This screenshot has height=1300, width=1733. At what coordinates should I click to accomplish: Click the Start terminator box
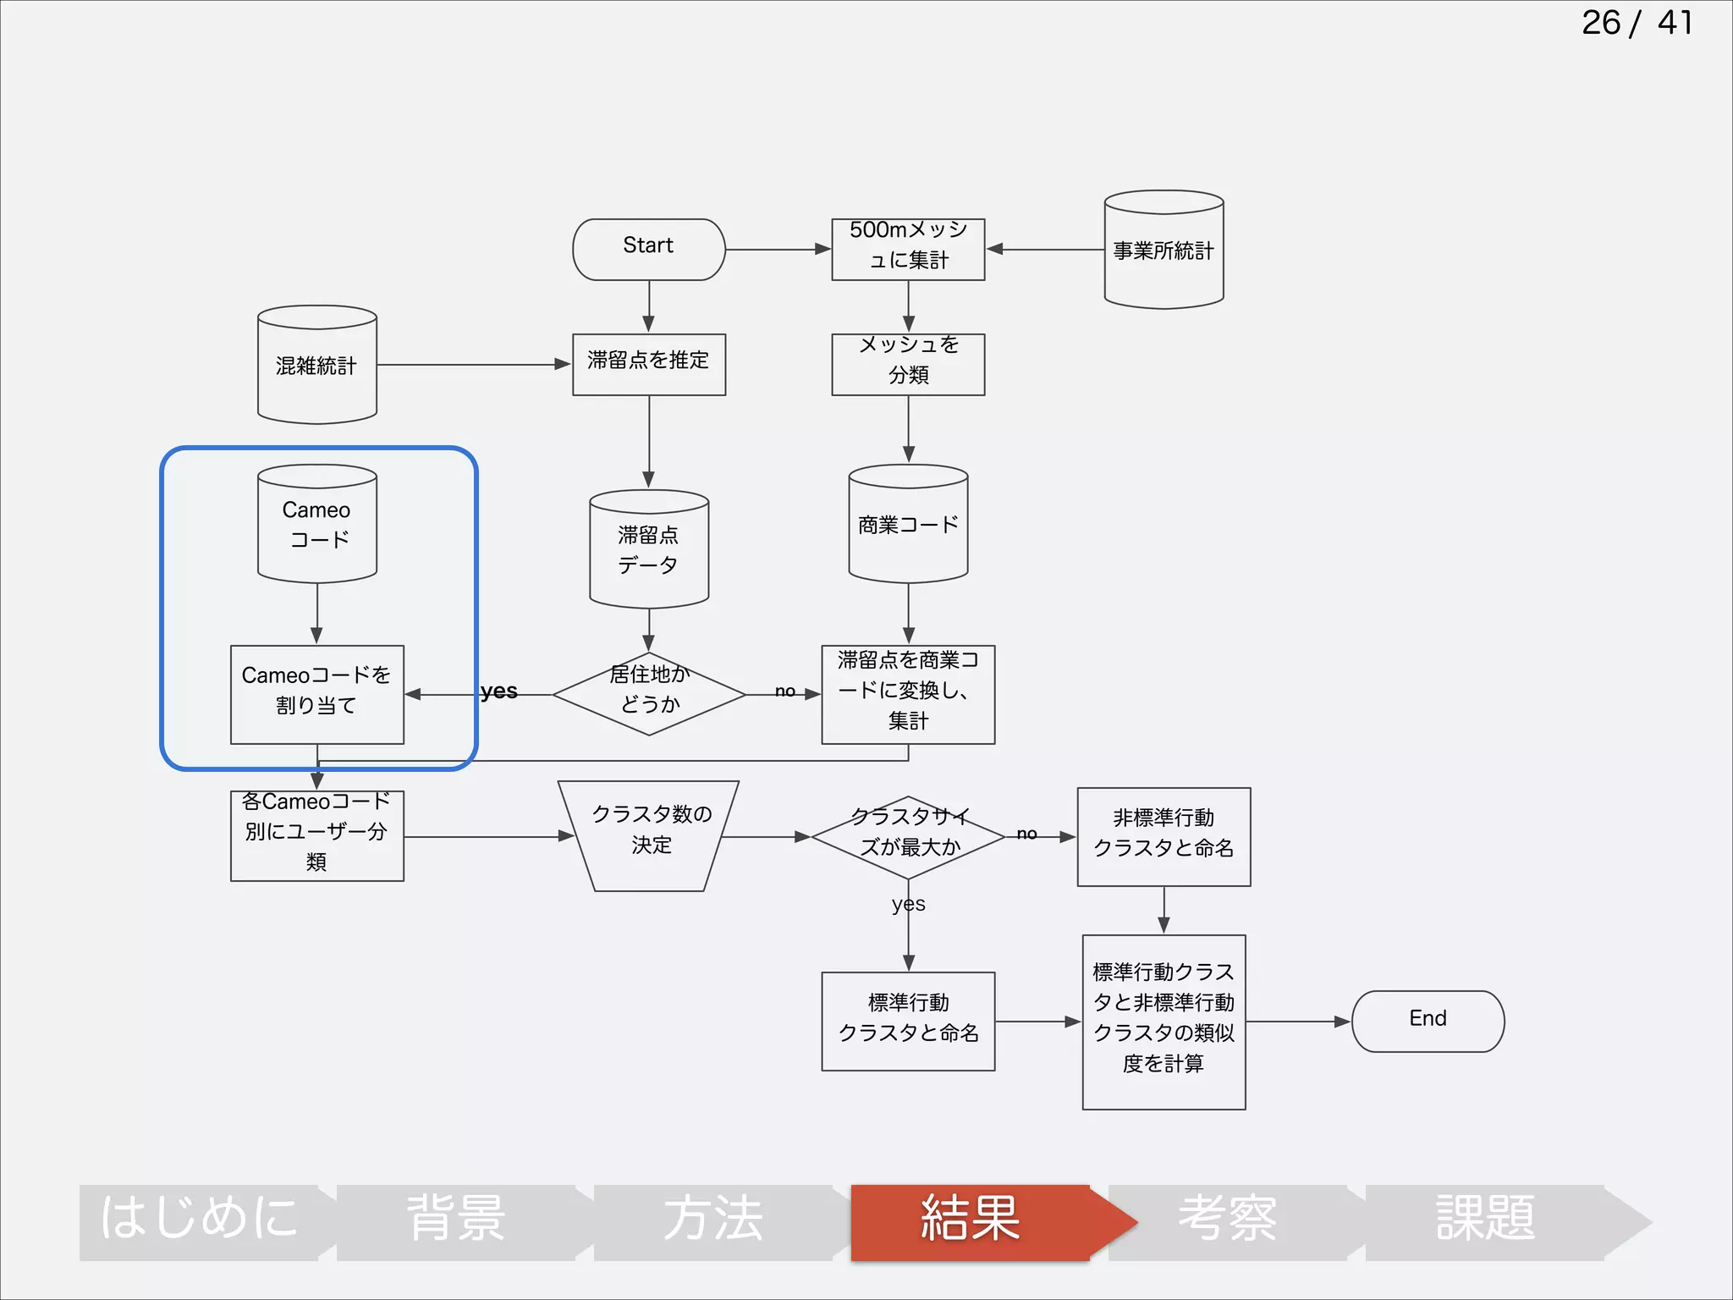pos(649,249)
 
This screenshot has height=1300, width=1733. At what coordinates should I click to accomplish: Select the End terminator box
pos(1428,1021)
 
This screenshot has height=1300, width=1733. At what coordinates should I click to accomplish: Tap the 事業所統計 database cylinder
pos(1164,251)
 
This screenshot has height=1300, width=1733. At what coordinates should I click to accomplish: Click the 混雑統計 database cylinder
pos(316,366)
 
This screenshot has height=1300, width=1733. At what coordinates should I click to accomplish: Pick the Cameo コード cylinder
pos(316,524)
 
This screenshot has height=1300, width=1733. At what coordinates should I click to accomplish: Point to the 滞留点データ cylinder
pos(649,549)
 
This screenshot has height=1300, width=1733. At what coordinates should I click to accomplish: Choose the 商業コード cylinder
pos(908,524)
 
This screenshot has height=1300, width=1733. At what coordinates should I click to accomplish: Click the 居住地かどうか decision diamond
pos(649,693)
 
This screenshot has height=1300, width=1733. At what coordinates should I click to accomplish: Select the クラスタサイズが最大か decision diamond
pos(908,836)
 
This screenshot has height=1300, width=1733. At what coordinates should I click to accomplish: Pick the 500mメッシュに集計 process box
pos(908,249)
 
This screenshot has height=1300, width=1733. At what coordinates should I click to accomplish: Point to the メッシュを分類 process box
pos(908,364)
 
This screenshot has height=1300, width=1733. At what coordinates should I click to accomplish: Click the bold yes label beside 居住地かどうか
pos(498,691)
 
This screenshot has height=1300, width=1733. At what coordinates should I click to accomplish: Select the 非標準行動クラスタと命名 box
pos(1164,836)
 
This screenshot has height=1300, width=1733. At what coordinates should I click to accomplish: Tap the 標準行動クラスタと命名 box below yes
pos(908,1021)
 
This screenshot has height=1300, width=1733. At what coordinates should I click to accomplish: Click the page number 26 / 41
pos(1637,23)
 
